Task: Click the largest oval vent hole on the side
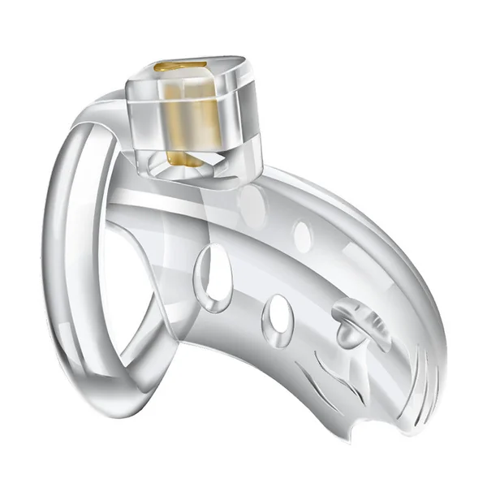[216, 274]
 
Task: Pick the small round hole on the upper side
[302, 235]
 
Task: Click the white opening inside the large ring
[114, 268]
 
